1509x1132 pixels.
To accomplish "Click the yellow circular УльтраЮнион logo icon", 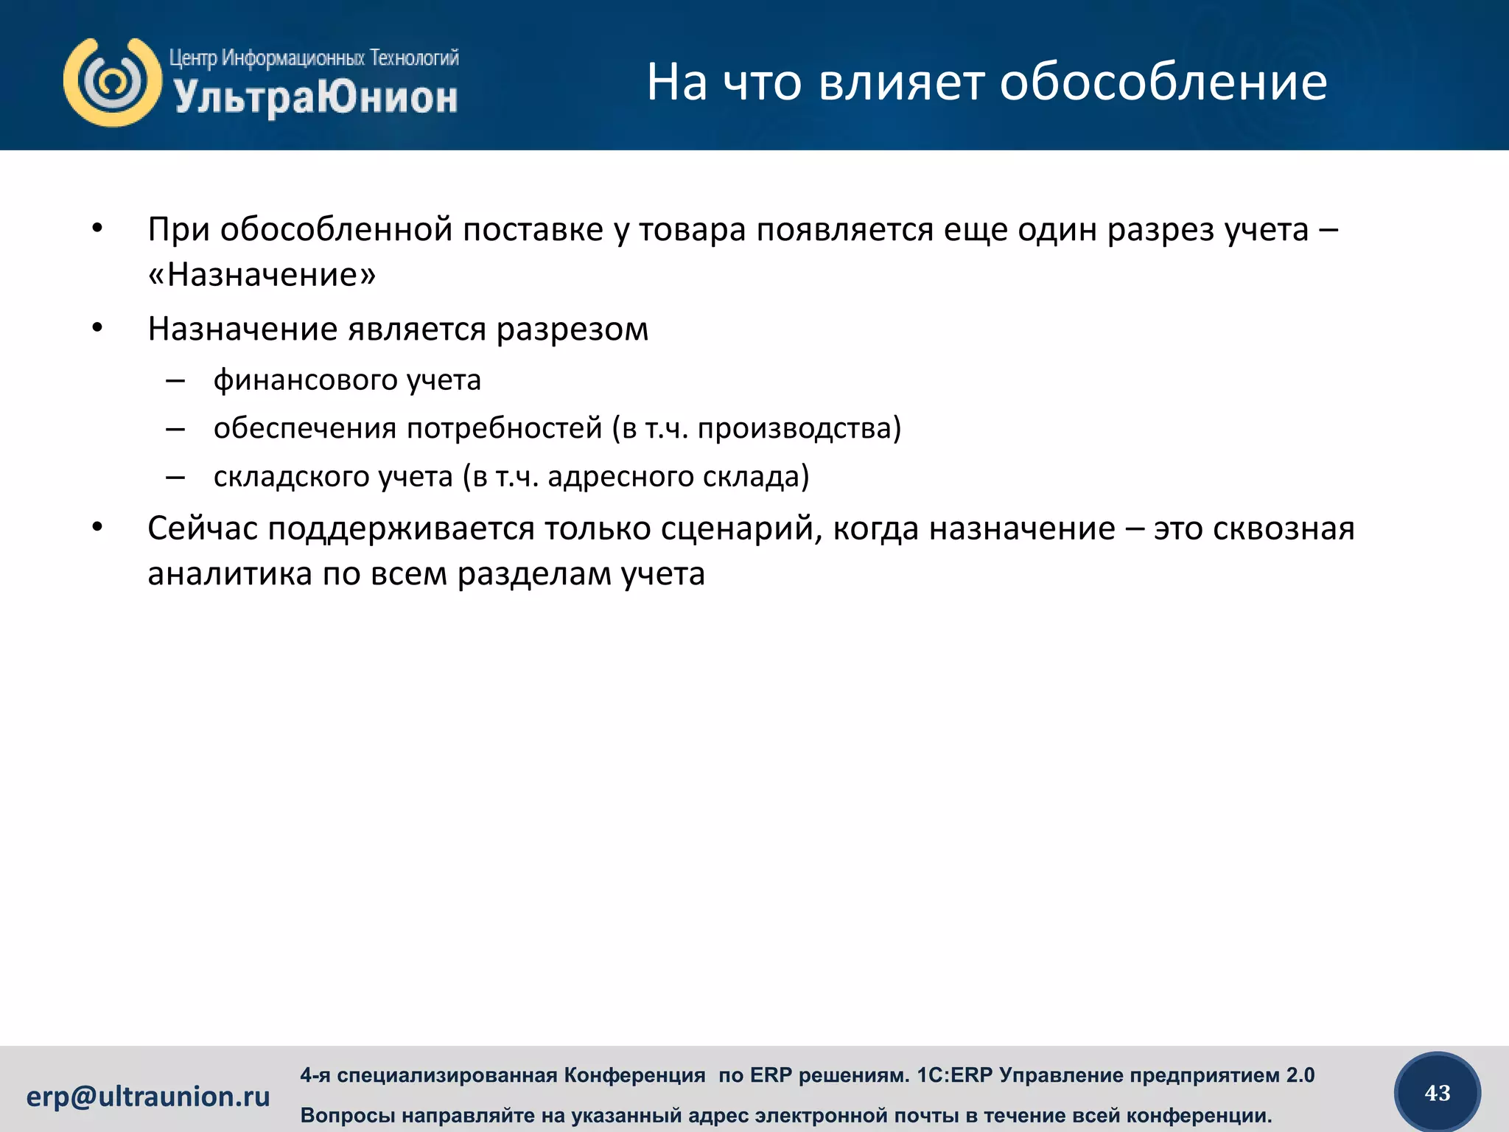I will click(113, 82).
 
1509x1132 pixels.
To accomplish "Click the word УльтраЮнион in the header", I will click(315, 98).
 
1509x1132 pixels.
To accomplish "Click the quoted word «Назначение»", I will click(262, 276).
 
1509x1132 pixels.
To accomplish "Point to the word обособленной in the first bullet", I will click(336, 230).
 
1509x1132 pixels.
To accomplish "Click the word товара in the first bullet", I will click(693, 230).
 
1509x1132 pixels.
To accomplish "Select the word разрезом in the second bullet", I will click(572, 329).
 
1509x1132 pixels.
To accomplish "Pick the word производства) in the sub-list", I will click(799, 428).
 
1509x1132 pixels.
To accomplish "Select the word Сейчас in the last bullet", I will click(202, 529).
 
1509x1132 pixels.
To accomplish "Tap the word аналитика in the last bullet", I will click(230, 574).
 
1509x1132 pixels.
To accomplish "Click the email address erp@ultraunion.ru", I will click(148, 1097).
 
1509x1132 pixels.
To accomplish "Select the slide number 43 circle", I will click(1438, 1093).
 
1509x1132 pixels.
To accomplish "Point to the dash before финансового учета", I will click(175, 381).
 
